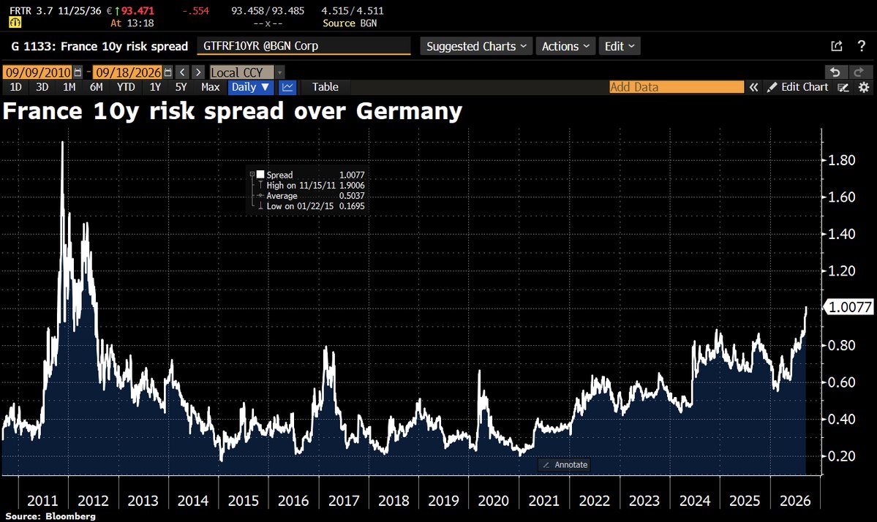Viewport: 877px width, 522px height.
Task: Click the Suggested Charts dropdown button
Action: (476, 46)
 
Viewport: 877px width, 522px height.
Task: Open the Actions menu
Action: (565, 46)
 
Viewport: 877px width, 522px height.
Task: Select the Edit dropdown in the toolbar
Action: (619, 46)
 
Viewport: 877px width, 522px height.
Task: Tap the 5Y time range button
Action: (181, 87)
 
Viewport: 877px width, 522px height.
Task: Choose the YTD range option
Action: (126, 87)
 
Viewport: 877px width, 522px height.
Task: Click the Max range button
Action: (211, 87)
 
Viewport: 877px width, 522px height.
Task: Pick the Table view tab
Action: (325, 87)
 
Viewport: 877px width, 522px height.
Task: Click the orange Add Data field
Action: (676, 87)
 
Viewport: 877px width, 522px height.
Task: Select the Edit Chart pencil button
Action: (797, 87)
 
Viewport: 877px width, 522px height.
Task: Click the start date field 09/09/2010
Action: (38, 72)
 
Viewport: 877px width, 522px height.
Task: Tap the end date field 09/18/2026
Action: (127, 72)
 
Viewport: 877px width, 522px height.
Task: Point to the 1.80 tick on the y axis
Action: (841, 160)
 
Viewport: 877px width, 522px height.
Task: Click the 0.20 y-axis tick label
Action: (841, 456)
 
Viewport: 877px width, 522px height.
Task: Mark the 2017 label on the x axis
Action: (344, 501)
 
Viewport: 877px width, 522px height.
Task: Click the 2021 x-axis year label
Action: (543, 501)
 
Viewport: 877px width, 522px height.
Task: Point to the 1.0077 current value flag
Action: (848, 307)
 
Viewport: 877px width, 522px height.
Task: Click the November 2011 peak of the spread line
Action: (63, 143)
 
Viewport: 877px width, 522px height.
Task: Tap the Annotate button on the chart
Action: (565, 465)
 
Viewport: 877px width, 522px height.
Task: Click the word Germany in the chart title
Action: (409, 111)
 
